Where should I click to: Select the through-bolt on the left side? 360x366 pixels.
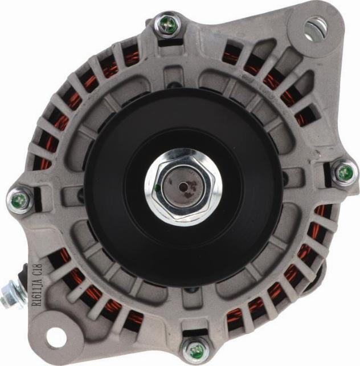[x=18, y=200]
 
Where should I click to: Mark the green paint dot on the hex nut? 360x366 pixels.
[x=156, y=186]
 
